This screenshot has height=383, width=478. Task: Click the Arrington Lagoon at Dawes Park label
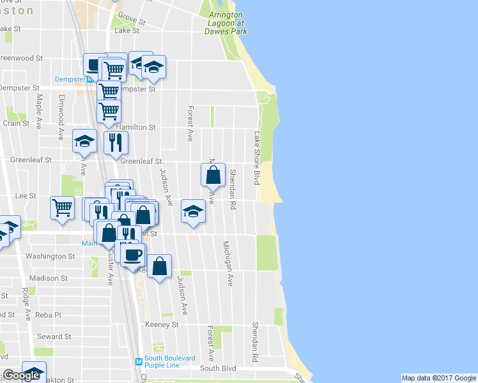click(x=224, y=22)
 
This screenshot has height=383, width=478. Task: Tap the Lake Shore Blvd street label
click(x=258, y=158)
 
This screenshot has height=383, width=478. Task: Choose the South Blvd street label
click(x=218, y=368)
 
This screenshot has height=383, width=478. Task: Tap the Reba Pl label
click(x=49, y=315)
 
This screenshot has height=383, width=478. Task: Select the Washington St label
click(x=50, y=256)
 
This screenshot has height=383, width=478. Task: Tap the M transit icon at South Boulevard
click(x=138, y=362)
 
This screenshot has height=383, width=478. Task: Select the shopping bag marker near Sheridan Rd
click(x=213, y=174)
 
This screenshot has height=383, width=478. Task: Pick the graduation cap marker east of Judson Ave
click(x=193, y=211)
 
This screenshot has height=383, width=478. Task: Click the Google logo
click(x=21, y=375)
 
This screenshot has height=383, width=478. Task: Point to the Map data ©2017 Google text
click(x=438, y=378)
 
